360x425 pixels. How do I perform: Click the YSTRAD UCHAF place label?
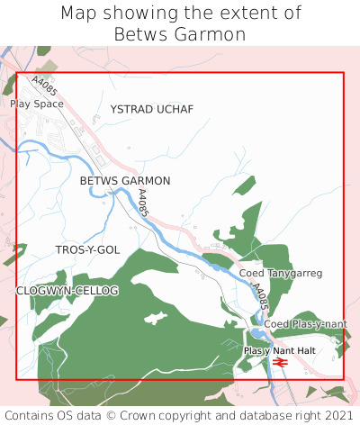(151, 109)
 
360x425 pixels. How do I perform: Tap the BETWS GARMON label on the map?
(125, 181)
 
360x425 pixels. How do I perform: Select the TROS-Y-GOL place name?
(87, 249)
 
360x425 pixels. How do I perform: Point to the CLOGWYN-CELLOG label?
(67, 291)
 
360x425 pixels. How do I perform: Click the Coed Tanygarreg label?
(281, 273)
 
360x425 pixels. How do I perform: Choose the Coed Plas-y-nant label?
(305, 323)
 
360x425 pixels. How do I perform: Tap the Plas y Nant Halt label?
(280, 350)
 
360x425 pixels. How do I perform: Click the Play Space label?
(37, 104)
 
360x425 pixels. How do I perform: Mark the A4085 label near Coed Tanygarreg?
(259, 298)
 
